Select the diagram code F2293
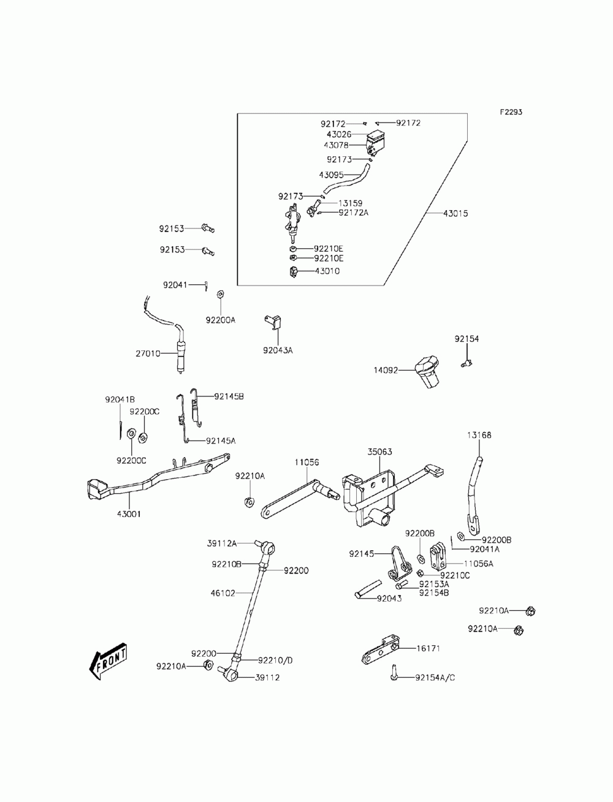pyautogui.click(x=511, y=112)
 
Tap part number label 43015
pyautogui.click(x=455, y=213)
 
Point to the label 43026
pyautogui.click(x=339, y=134)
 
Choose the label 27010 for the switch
pyautogui.click(x=148, y=354)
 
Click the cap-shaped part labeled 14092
pyautogui.click(x=427, y=371)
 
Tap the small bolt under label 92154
pyautogui.click(x=466, y=363)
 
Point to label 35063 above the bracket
pyautogui.click(x=379, y=452)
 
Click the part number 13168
pyautogui.click(x=479, y=435)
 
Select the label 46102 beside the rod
pyautogui.click(x=223, y=593)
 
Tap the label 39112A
pyautogui.click(x=221, y=543)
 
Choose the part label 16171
pyautogui.click(x=428, y=648)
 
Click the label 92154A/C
pyautogui.click(x=435, y=678)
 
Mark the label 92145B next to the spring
pyautogui.click(x=229, y=396)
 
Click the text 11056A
pyautogui.click(x=479, y=564)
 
